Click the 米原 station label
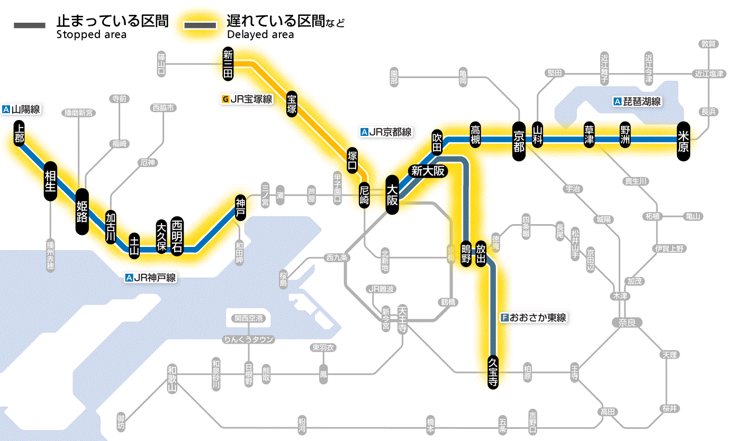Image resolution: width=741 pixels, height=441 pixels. (x=683, y=140)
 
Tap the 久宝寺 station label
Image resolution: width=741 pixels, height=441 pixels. (x=493, y=372)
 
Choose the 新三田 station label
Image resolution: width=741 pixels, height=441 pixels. (x=228, y=64)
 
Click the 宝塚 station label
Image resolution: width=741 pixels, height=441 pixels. (x=292, y=104)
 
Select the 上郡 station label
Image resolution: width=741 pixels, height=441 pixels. (x=20, y=133)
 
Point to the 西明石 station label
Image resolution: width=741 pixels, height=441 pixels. (x=177, y=236)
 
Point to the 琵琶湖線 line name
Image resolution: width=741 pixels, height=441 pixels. (x=640, y=102)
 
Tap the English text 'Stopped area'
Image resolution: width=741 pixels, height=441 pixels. (x=91, y=35)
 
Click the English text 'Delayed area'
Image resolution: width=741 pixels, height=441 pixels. (x=260, y=35)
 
